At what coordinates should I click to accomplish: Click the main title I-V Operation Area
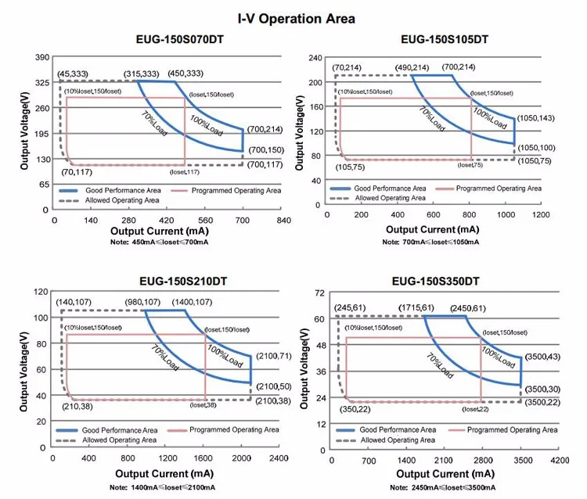point(297,18)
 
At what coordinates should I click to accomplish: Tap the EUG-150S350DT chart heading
point(441,281)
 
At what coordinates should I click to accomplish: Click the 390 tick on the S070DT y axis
point(40,57)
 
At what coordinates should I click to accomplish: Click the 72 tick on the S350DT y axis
point(319,293)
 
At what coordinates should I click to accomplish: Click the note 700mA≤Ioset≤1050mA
point(434,242)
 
